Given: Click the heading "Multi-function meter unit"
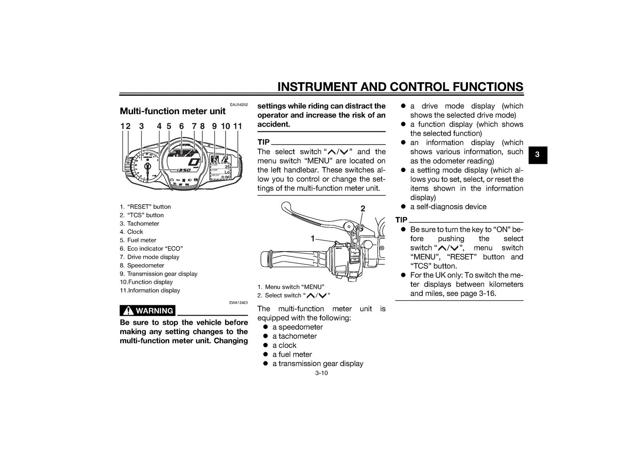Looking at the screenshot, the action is (173, 111).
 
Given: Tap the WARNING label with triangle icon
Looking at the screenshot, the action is (147, 311).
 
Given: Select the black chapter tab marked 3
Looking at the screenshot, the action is (538, 155).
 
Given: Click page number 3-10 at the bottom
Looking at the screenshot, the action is (321, 373).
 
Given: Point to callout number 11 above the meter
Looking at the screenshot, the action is (238, 126).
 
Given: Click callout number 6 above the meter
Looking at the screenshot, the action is (181, 126).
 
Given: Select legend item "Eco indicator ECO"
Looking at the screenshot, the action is (151, 249).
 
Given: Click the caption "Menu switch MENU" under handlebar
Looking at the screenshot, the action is (291, 287).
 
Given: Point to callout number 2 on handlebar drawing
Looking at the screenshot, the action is (363, 209).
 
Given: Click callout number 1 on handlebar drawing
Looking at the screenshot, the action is (313, 238).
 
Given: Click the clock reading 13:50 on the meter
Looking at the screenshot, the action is (183, 170).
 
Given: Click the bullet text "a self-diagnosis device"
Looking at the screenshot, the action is (448, 207).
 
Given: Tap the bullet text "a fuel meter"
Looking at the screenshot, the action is (292, 354).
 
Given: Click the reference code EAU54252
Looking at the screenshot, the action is (239, 105).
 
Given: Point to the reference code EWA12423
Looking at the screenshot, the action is (239, 303).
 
